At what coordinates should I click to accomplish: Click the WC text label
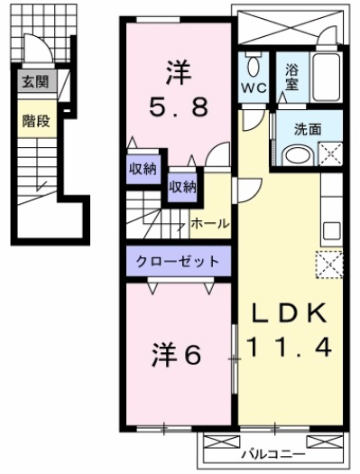[x=254, y=88]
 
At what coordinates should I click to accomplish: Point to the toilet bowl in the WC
[x=254, y=65]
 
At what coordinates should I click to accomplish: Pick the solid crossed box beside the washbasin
[x=329, y=153]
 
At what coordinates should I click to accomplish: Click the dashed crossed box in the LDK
[x=327, y=265]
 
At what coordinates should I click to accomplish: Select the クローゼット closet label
[x=178, y=262]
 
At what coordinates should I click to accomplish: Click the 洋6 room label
[x=179, y=355]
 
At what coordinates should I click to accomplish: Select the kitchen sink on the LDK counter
[x=330, y=227]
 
